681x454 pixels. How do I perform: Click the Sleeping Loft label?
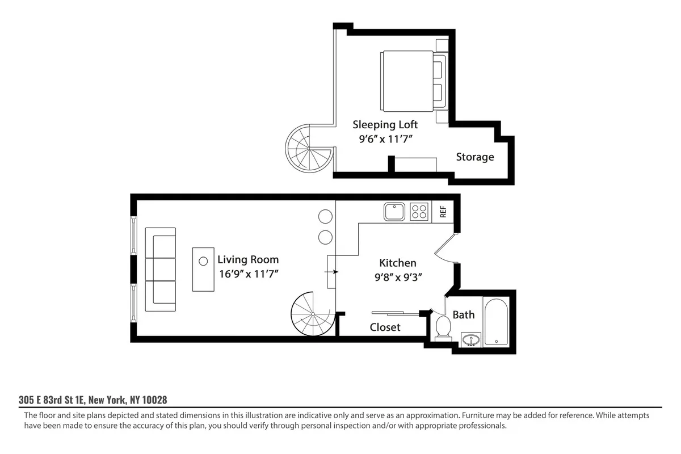[385, 124]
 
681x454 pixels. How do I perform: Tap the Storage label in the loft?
[475, 157]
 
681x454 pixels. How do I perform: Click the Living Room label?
[248, 260]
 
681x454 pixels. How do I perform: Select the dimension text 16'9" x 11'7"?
[248, 274]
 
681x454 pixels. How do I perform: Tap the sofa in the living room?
[161, 270]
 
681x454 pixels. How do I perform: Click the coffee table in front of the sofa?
[203, 270]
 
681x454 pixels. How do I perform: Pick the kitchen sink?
[393, 212]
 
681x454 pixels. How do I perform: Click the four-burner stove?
[419, 212]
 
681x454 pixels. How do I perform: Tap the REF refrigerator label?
[443, 212]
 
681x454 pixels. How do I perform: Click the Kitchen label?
[397, 263]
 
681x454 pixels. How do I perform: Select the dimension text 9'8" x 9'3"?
[397, 277]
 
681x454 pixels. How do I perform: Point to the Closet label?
[385, 327]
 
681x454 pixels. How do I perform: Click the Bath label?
[464, 314]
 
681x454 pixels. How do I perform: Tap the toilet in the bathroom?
[443, 327]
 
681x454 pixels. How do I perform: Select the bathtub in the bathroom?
[497, 321]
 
